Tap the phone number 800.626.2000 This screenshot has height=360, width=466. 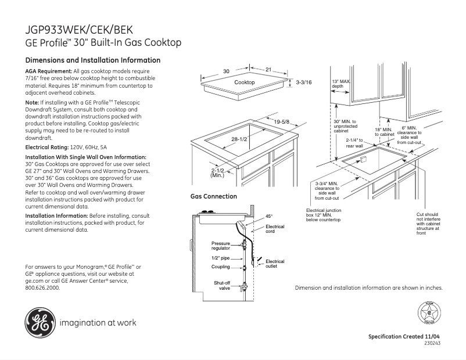(42, 287)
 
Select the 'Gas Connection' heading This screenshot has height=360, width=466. (214, 197)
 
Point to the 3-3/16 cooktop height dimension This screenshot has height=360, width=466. (304, 83)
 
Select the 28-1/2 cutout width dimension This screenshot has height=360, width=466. (240, 139)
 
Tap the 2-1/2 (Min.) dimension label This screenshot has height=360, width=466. (217, 172)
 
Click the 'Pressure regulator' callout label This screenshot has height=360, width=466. (221, 246)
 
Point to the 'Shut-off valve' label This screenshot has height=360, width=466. (222, 285)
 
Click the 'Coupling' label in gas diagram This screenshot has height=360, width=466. (221, 267)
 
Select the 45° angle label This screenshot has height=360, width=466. (269, 216)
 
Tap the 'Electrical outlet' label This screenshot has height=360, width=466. (275, 264)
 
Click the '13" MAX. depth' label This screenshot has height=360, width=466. (340, 84)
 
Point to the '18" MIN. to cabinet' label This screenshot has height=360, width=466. (384, 131)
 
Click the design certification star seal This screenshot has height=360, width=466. (429, 315)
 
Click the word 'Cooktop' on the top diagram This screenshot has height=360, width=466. (245, 83)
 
